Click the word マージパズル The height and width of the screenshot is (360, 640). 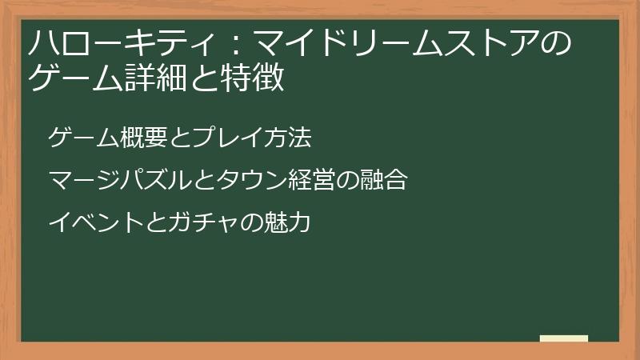pos(109,181)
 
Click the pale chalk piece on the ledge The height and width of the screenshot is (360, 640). pos(563,338)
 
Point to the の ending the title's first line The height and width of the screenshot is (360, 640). pos(554,42)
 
